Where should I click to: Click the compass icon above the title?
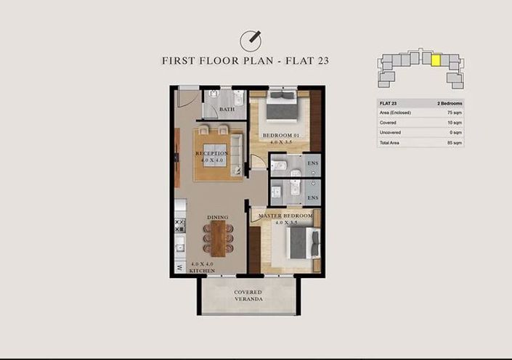pos(250,41)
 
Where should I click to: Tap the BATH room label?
pos(227,110)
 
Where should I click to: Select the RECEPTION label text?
pos(212,154)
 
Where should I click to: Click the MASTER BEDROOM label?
pos(284,216)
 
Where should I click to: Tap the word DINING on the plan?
pos(218,217)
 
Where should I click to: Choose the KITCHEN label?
pos(203,270)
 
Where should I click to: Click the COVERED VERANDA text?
pos(248,297)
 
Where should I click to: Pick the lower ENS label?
pos(313,197)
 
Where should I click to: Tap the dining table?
pos(219,238)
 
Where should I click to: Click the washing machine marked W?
pos(179,267)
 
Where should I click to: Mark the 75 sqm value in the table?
pos(454,113)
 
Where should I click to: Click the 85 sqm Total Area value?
pos(454,143)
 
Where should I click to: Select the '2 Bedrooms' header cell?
pos(450,104)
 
